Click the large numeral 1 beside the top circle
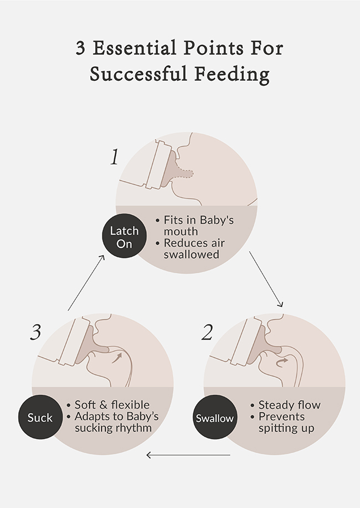pyautogui.click(x=114, y=158)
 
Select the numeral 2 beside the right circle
pyautogui.click(x=207, y=333)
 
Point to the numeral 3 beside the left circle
pyautogui.click(x=36, y=333)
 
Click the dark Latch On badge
pyautogui.click(x=125, y=237)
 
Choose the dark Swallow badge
pyautogui.click(x=214, y=418)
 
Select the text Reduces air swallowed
pyautogui.click(x=191, y=249)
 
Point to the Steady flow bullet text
pyautogui.click(x=289, y=405)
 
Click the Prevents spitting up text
pyautogui.click(x=286, y=422)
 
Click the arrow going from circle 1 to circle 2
pyautogui.click(x=266, y=279)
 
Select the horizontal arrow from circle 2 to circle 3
pyautogui.click(x=188, y=455)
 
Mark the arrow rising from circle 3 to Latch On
pyautogui.click(x=86, y=282)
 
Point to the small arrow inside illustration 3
pyautogui.click(x=117, y=359)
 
